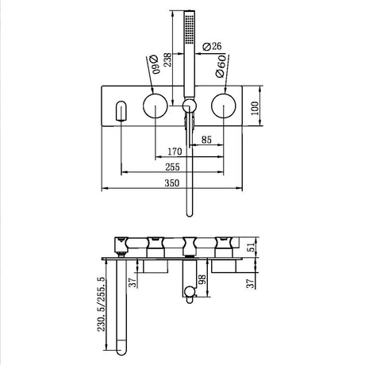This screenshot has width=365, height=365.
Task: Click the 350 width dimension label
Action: tap(172, 183)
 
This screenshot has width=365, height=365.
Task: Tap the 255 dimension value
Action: tap(172, 167)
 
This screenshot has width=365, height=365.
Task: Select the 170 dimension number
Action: tap(175, 152)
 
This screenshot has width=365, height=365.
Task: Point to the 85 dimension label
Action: tap(206, 140)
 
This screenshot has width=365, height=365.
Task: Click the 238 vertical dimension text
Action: tap(167, 60)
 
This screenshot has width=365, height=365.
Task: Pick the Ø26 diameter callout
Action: tap(212, 46)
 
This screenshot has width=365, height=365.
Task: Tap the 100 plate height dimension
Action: tap(255, 108)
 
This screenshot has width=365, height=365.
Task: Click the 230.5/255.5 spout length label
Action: tap(102, 304)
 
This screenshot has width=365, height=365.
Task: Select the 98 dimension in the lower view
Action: tap(202, 279)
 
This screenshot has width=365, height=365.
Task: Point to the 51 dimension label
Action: tap(252, 247)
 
